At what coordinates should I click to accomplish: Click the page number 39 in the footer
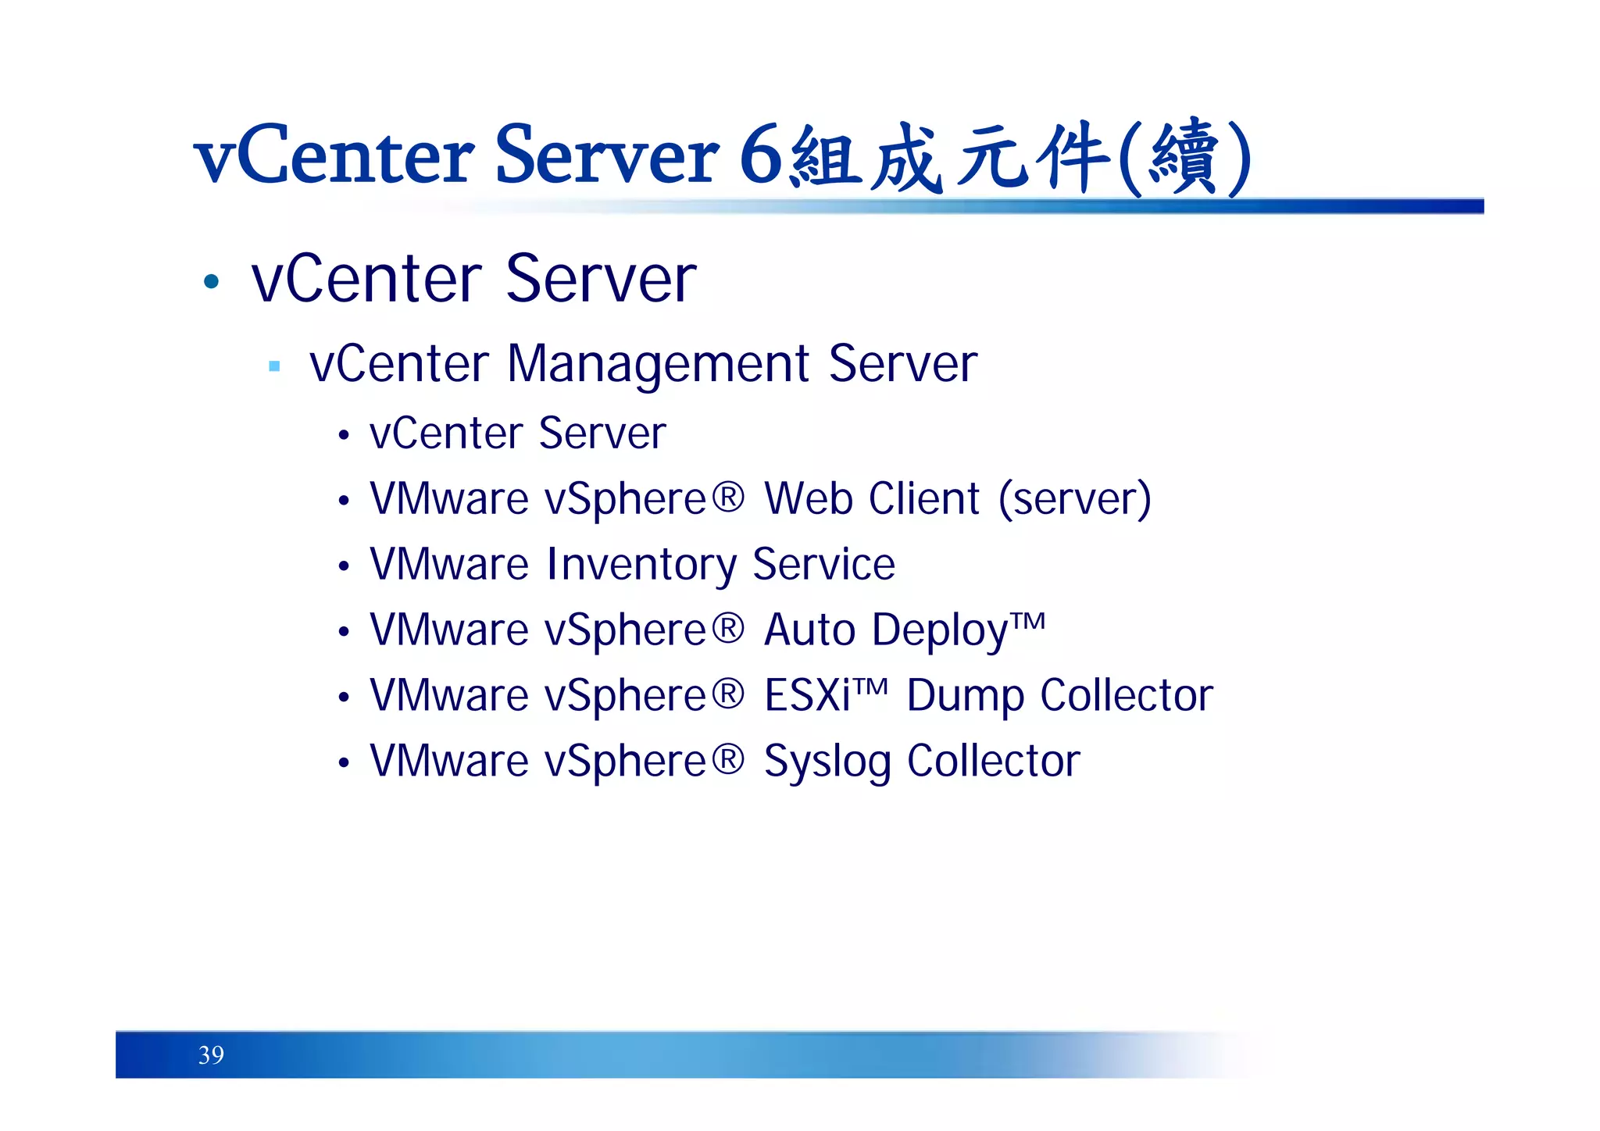coord(211,1055)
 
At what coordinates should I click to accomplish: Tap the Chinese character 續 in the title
coord(1184,157)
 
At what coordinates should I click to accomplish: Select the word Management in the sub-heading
coord(658,364)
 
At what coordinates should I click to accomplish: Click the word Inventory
coord(641,565)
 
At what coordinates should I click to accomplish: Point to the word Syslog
coord(827,762)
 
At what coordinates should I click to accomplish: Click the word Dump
coord(964,696)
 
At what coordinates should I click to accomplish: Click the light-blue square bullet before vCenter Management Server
coord(274,366)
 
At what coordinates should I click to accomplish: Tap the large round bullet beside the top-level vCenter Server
coord(211,281)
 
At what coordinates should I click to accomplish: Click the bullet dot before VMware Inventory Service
coord(344,567)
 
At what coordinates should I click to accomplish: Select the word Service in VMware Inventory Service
coord(823,565)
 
